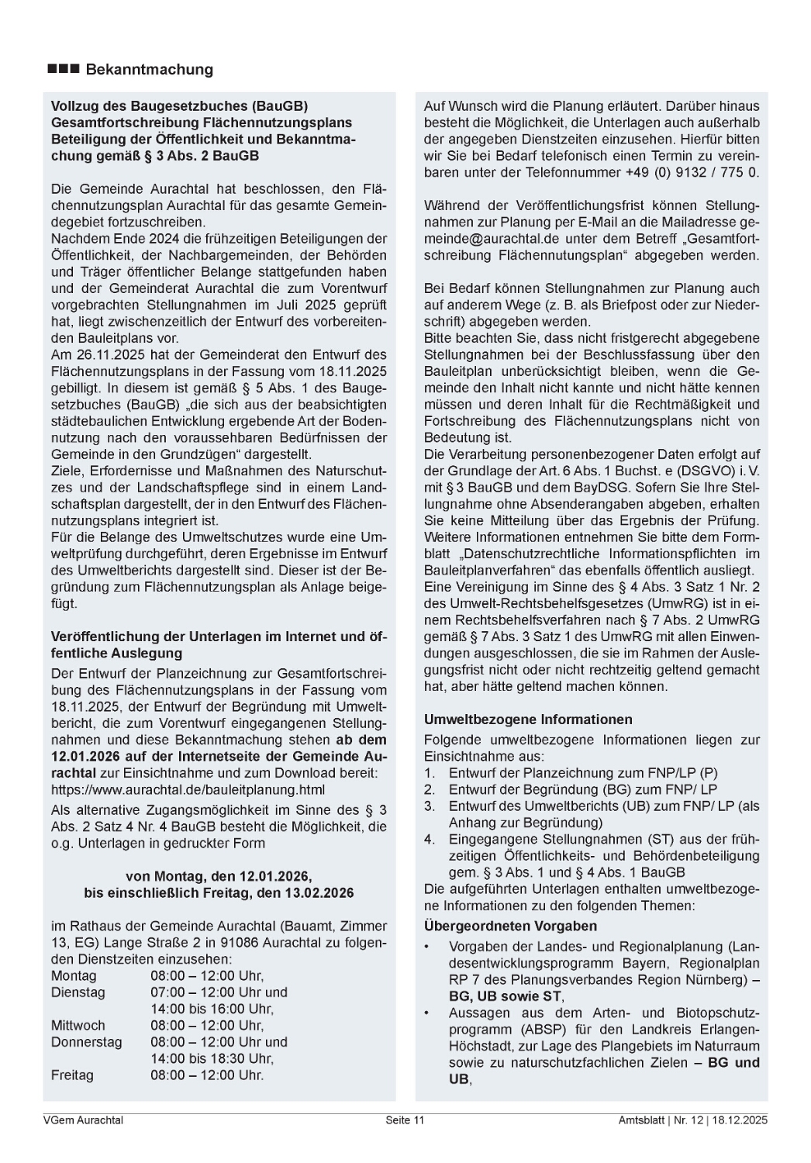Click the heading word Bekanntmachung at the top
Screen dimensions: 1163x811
[x=149, y=70]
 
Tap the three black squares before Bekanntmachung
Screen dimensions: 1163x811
[x=64, y=70]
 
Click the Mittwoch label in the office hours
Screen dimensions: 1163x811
[x=78, y=1026]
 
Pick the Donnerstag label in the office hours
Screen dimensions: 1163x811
[x=86, y=1042]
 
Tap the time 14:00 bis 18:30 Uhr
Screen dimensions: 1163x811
[x=212, y=1058]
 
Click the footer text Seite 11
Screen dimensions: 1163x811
[x=405, y=1120]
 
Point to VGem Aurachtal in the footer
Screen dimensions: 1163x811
[x=83, y=1120]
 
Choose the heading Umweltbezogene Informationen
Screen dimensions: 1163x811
[x=528, y=720]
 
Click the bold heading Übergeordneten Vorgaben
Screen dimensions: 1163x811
[x=510, y=926]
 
